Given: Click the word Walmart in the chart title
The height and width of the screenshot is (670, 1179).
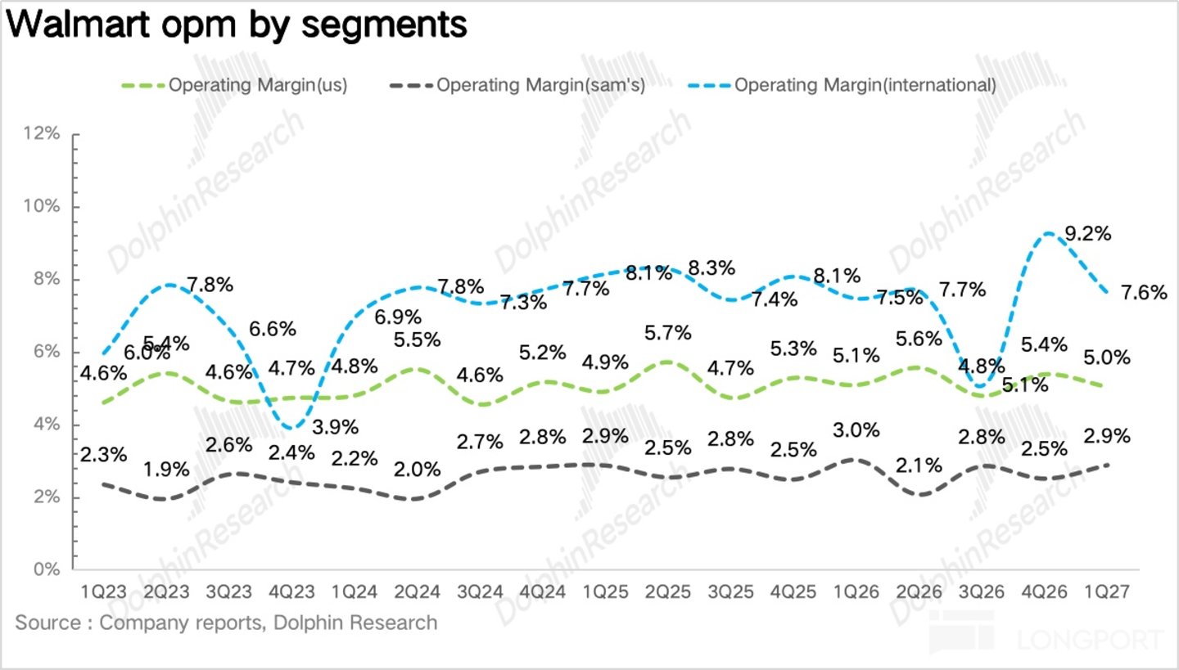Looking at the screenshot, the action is (x=79, y=25).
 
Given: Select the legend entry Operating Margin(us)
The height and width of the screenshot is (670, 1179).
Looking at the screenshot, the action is (x=235, y=85).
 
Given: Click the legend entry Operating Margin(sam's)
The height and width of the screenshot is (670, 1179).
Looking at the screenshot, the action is (x=517, y=85).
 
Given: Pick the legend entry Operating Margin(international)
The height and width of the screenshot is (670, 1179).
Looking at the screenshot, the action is (x=842, y=85).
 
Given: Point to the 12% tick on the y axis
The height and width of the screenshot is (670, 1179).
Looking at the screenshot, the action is (x=42, y=133).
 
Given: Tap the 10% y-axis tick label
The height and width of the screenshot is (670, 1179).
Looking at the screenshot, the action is (x=42, y=206).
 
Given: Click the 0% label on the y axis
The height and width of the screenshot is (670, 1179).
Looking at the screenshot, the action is (x=47, y=569).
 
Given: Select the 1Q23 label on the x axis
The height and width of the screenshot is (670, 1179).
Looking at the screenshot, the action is (x=104, y=592).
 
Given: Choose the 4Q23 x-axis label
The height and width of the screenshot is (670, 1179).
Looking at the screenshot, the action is (x=291, y=592).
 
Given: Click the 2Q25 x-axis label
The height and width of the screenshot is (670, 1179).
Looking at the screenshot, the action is (x=668, y=592).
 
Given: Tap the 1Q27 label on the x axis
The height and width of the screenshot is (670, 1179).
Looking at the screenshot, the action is (x=1107, y=592).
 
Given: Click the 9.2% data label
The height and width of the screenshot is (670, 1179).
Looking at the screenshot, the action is (x=1088, y=233).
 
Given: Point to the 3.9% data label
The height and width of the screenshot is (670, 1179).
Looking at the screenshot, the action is (x=336, y=427).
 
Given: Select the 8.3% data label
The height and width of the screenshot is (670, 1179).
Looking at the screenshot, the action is (x=711, y=268).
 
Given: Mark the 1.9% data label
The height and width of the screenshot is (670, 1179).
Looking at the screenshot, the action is (x=166, y=469).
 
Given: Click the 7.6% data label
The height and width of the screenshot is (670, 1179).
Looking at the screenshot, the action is (x=1145, y=292).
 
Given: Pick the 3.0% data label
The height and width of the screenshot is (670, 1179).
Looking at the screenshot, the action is (x=856, y=430).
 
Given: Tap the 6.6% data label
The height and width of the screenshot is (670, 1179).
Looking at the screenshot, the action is (x=273, y=329).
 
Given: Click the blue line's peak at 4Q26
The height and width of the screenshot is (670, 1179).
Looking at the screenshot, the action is (x=1048, y=233).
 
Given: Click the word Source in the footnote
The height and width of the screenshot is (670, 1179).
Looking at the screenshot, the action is (x=48, y=623).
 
